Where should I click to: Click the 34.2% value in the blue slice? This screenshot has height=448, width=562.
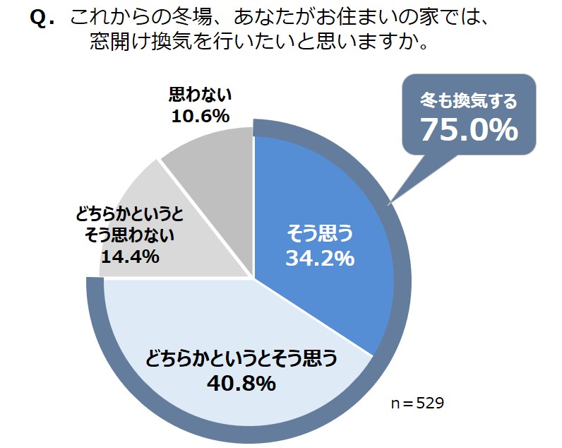[x=319, y=258]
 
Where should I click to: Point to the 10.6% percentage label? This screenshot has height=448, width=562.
[x=200, y=115]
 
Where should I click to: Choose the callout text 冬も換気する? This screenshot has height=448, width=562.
[x=470, y=101]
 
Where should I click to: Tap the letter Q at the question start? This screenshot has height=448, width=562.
[x=42, y=18]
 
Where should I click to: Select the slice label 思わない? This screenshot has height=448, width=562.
[x=201, y=95]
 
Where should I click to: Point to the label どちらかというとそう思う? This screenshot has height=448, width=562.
[x=241, y=359]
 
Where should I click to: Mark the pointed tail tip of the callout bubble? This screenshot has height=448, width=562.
[x=388, y=206]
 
